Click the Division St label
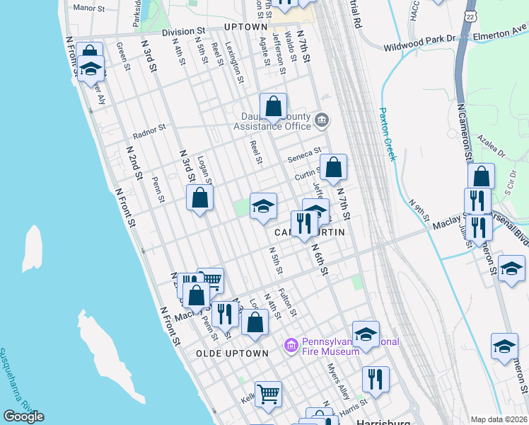pos(182,32)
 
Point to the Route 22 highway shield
pos(471,15)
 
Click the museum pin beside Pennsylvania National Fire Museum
pos(290,346)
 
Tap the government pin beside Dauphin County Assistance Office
pos(322,119)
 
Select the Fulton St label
pos(286,302)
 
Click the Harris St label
pos(353,404)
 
